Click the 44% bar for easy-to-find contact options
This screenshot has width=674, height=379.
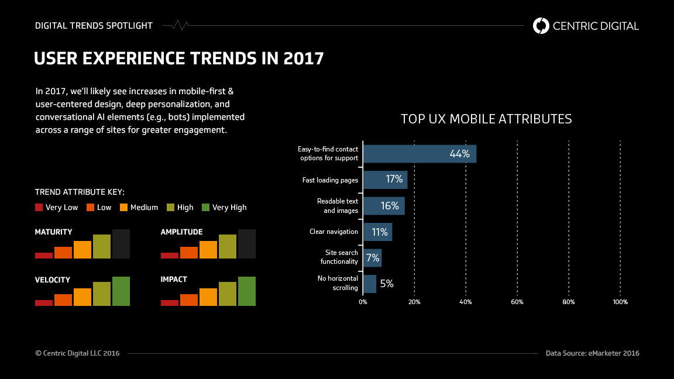point(419,154)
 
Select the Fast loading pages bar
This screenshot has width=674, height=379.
point(384,180)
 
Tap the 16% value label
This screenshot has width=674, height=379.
point(390,206)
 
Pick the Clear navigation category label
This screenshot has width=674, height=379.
point(333,232)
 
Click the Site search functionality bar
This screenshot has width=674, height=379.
point(372,257)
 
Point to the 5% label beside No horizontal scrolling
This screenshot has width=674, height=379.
point(387,284)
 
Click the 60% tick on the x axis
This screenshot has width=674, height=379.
point(517,302)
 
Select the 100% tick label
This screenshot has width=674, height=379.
point(620,302)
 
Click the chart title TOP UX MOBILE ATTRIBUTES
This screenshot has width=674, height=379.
point(486,119)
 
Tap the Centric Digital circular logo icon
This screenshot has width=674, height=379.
point(541,26)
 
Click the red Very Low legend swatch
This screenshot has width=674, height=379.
point(39,207)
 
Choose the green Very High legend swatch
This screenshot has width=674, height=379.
point(205,207)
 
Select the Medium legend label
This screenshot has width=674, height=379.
point(144,207)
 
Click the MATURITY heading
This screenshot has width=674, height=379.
point(54,232)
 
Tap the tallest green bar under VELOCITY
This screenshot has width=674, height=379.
point(121,291)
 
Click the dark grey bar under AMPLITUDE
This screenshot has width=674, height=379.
point(246,244)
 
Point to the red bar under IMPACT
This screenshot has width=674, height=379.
point(169,302)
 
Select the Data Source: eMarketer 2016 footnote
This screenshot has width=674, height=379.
point(592,353)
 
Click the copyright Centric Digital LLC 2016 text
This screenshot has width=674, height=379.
point(77,353)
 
